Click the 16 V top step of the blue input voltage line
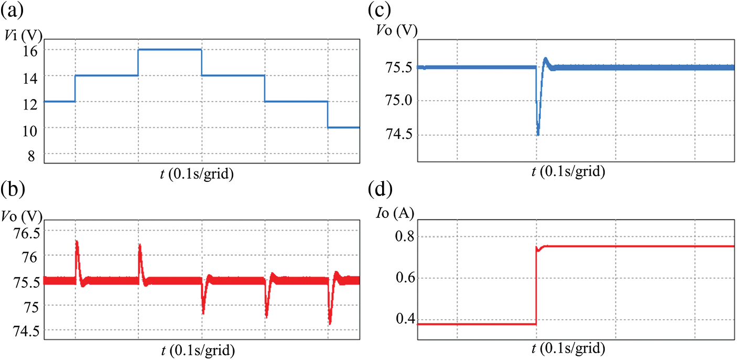point(170,49)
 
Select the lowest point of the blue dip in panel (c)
point(538,134)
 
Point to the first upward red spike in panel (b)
point(77,242)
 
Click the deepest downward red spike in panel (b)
point(330,323)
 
